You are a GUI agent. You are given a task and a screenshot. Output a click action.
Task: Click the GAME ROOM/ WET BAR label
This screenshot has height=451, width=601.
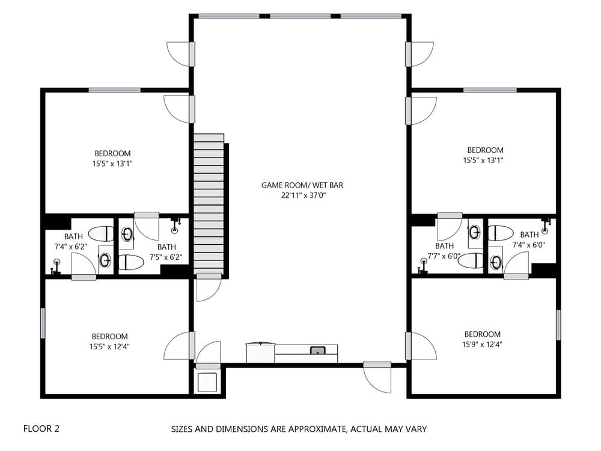click(x=302, y=185)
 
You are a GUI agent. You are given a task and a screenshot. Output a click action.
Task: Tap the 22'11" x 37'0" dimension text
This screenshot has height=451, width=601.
click(x=302, y=195)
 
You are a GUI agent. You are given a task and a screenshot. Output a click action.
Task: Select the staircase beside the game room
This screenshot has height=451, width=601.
click(x=209, y=204)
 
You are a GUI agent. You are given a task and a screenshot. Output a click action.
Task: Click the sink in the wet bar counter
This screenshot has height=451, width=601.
click(x=317, y=351)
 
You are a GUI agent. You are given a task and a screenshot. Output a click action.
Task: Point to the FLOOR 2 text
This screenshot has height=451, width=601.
click(x=41, y=429)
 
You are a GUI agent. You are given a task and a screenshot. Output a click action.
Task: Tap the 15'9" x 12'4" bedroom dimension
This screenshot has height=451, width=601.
click(x=482, y=345)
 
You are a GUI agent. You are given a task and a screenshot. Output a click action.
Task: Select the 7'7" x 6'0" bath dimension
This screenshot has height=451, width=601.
click(x=444, y=256)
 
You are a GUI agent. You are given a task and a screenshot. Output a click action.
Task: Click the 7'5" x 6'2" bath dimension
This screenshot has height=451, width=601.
click(x=166, y=257)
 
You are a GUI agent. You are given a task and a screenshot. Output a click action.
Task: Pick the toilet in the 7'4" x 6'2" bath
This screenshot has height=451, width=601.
click(x=100, y=233)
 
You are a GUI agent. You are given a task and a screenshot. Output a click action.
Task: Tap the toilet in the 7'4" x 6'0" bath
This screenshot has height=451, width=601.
click(x=500, y=233)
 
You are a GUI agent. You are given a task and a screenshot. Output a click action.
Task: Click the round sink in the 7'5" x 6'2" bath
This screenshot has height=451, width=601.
click(x=127, y=235)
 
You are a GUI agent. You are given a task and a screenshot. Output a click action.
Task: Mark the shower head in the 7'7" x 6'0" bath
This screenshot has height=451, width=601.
click(x=424, y=262)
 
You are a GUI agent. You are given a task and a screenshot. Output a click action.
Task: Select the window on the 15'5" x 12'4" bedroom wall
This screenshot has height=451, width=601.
click(x=43, y=323)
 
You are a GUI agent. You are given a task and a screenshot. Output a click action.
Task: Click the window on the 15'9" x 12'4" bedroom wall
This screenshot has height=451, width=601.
click(x=558, y=325)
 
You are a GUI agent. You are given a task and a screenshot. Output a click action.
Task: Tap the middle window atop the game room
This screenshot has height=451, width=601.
click(x=300, y=16)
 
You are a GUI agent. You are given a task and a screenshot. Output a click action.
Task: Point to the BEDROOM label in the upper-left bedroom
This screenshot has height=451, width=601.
click(x=112, y=153)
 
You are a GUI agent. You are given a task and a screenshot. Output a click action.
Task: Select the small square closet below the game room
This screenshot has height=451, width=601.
click(x=208, y=382)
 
